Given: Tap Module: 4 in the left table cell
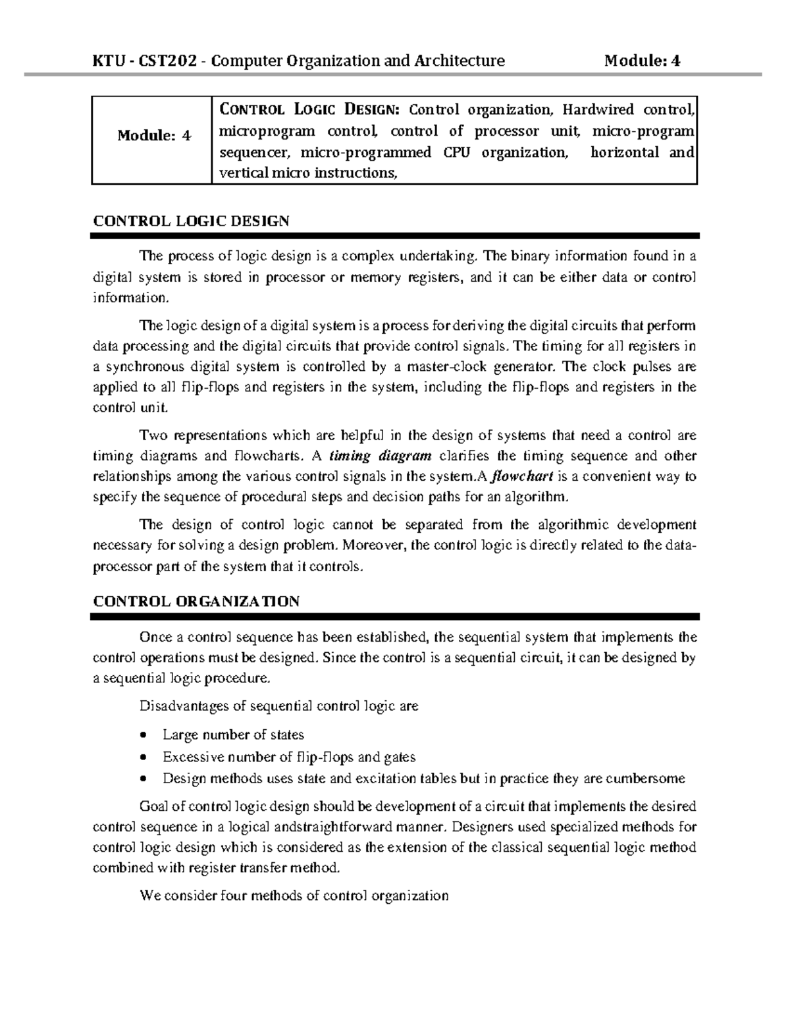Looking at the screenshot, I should coord(153,136).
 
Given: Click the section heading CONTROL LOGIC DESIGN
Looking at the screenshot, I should coord(191,221).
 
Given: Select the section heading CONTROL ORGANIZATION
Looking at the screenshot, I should coord(196,601).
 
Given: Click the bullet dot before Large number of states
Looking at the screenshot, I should coord(145,735).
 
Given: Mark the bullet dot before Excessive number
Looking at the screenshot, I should coord(145,758).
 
